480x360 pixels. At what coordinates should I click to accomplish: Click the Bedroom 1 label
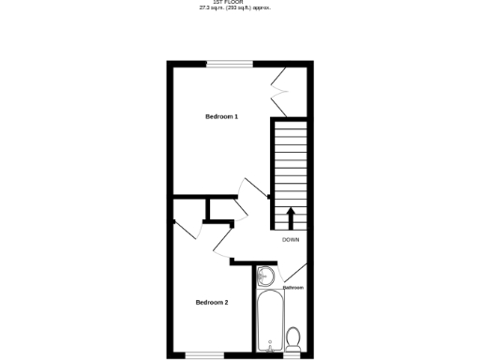click(x=221, y=116)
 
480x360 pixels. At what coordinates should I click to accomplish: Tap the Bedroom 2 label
click(x=211, y=302)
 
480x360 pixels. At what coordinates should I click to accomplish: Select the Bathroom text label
click(x=293, y=288)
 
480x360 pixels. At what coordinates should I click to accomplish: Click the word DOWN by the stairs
click(x=291, y=240)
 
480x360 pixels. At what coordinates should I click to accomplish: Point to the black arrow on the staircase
click(x=290, y=217)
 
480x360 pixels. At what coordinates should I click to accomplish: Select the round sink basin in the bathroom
click(x=265, y=276)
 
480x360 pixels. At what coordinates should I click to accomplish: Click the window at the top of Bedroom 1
click(x=230, y=64)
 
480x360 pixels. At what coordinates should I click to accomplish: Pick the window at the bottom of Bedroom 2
click(x=203, y=355)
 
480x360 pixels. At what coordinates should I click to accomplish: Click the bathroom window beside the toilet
click(x=292, y=355)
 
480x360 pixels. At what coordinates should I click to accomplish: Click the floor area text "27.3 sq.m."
click(x=212, y=8)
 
